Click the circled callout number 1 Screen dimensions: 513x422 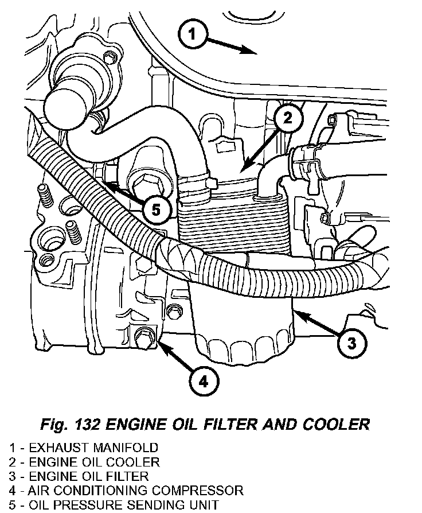193,34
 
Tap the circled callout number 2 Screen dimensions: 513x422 288,118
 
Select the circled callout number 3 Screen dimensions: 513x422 351,343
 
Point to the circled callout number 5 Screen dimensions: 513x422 155,209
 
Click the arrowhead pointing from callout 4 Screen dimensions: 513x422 159,343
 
